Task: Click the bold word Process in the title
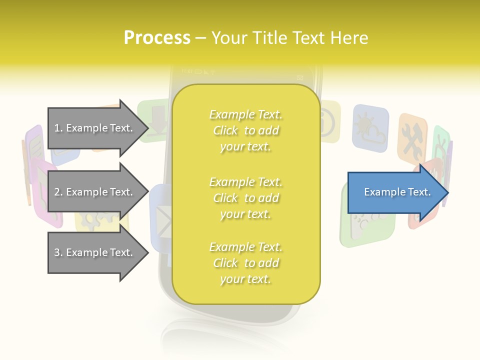click(157, 38)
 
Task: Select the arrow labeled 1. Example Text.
click(95, 128)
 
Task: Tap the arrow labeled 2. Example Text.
click(95, 192)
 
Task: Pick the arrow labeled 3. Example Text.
click(95, 252)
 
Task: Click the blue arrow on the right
click(395, 192)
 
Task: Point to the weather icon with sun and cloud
click(370, 127)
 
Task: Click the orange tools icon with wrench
click(412, 140)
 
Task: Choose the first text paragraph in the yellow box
click(245, 130)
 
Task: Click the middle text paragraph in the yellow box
click(245, 198)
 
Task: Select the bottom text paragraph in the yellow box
click(245, 263)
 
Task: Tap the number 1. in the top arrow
click(58, 128)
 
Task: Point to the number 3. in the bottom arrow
click(58, 253)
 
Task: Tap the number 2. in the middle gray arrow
click(58, 192)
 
